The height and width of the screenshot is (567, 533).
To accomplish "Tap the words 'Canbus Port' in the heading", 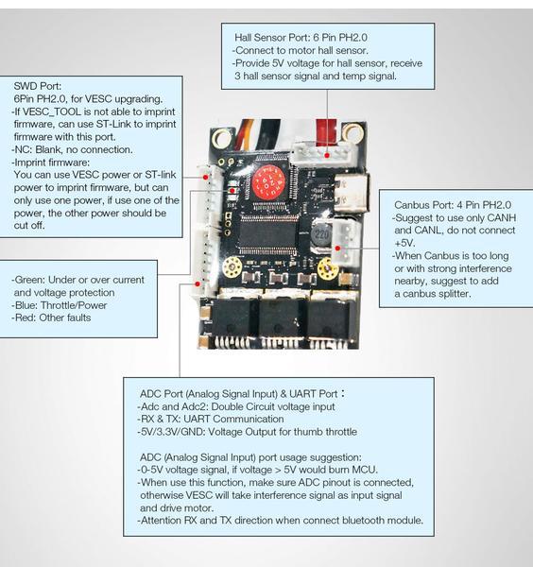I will click(x=428, y=204).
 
